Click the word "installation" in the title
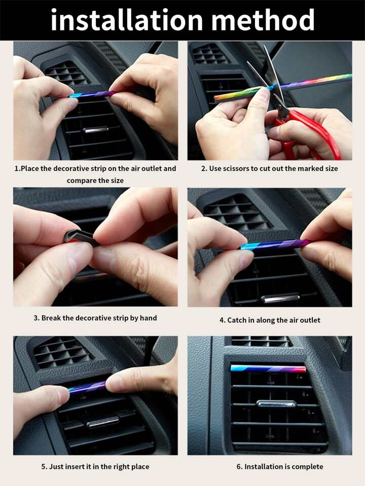[x=127, y=20]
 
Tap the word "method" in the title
[x=263, y=20]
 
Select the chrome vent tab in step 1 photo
[x=95, y=130]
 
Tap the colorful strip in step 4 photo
[x=276, y=244]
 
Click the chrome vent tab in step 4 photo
[x=280, y=298]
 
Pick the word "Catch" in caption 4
[x=237, y=320]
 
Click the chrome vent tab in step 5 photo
[x=103, y=422]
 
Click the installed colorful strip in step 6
[x=268, y=368]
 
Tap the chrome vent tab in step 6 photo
[x=276, y=404]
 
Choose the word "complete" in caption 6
[x=307, y=467]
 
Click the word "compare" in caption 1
[x=80, y=181]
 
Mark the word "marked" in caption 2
[x=310, y=169]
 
